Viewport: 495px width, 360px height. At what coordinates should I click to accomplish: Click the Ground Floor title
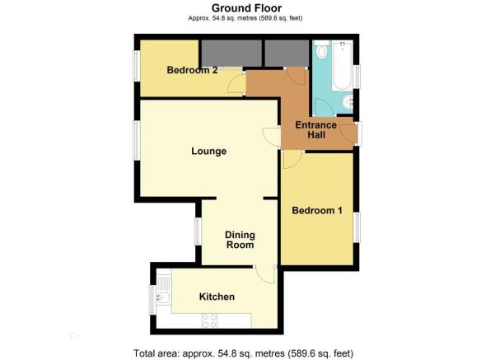coord(246,8)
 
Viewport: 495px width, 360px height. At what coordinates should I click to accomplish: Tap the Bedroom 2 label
coord(192,70)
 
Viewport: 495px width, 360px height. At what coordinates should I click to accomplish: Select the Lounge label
coord(208,151)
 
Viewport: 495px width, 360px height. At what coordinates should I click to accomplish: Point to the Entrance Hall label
coord(316,130)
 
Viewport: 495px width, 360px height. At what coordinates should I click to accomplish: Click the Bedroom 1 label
coord(317,210)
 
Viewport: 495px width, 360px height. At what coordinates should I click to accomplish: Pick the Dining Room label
coord(240,240)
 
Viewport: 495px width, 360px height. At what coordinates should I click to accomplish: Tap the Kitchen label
coord(217,297)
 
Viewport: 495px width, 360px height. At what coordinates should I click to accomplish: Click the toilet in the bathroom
coord(322,49)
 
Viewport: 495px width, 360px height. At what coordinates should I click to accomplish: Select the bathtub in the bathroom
coord(342,65)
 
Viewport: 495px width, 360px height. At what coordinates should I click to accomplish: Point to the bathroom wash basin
coord(348,101)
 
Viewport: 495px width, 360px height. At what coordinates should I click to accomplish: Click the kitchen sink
coord(164,291)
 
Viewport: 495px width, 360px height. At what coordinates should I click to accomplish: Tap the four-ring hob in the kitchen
coord(209,320)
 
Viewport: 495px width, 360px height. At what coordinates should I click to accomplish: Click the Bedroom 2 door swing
coord(236,84)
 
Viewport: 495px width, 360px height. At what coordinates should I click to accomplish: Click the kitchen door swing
coord(265,274)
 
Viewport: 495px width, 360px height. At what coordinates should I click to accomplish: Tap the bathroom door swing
coord(323,107)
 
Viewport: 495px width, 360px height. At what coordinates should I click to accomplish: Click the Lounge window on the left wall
coord(137,140)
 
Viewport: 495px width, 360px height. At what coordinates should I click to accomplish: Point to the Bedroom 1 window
coord(357,227)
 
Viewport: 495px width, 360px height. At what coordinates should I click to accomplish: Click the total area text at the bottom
coord(244,353)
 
